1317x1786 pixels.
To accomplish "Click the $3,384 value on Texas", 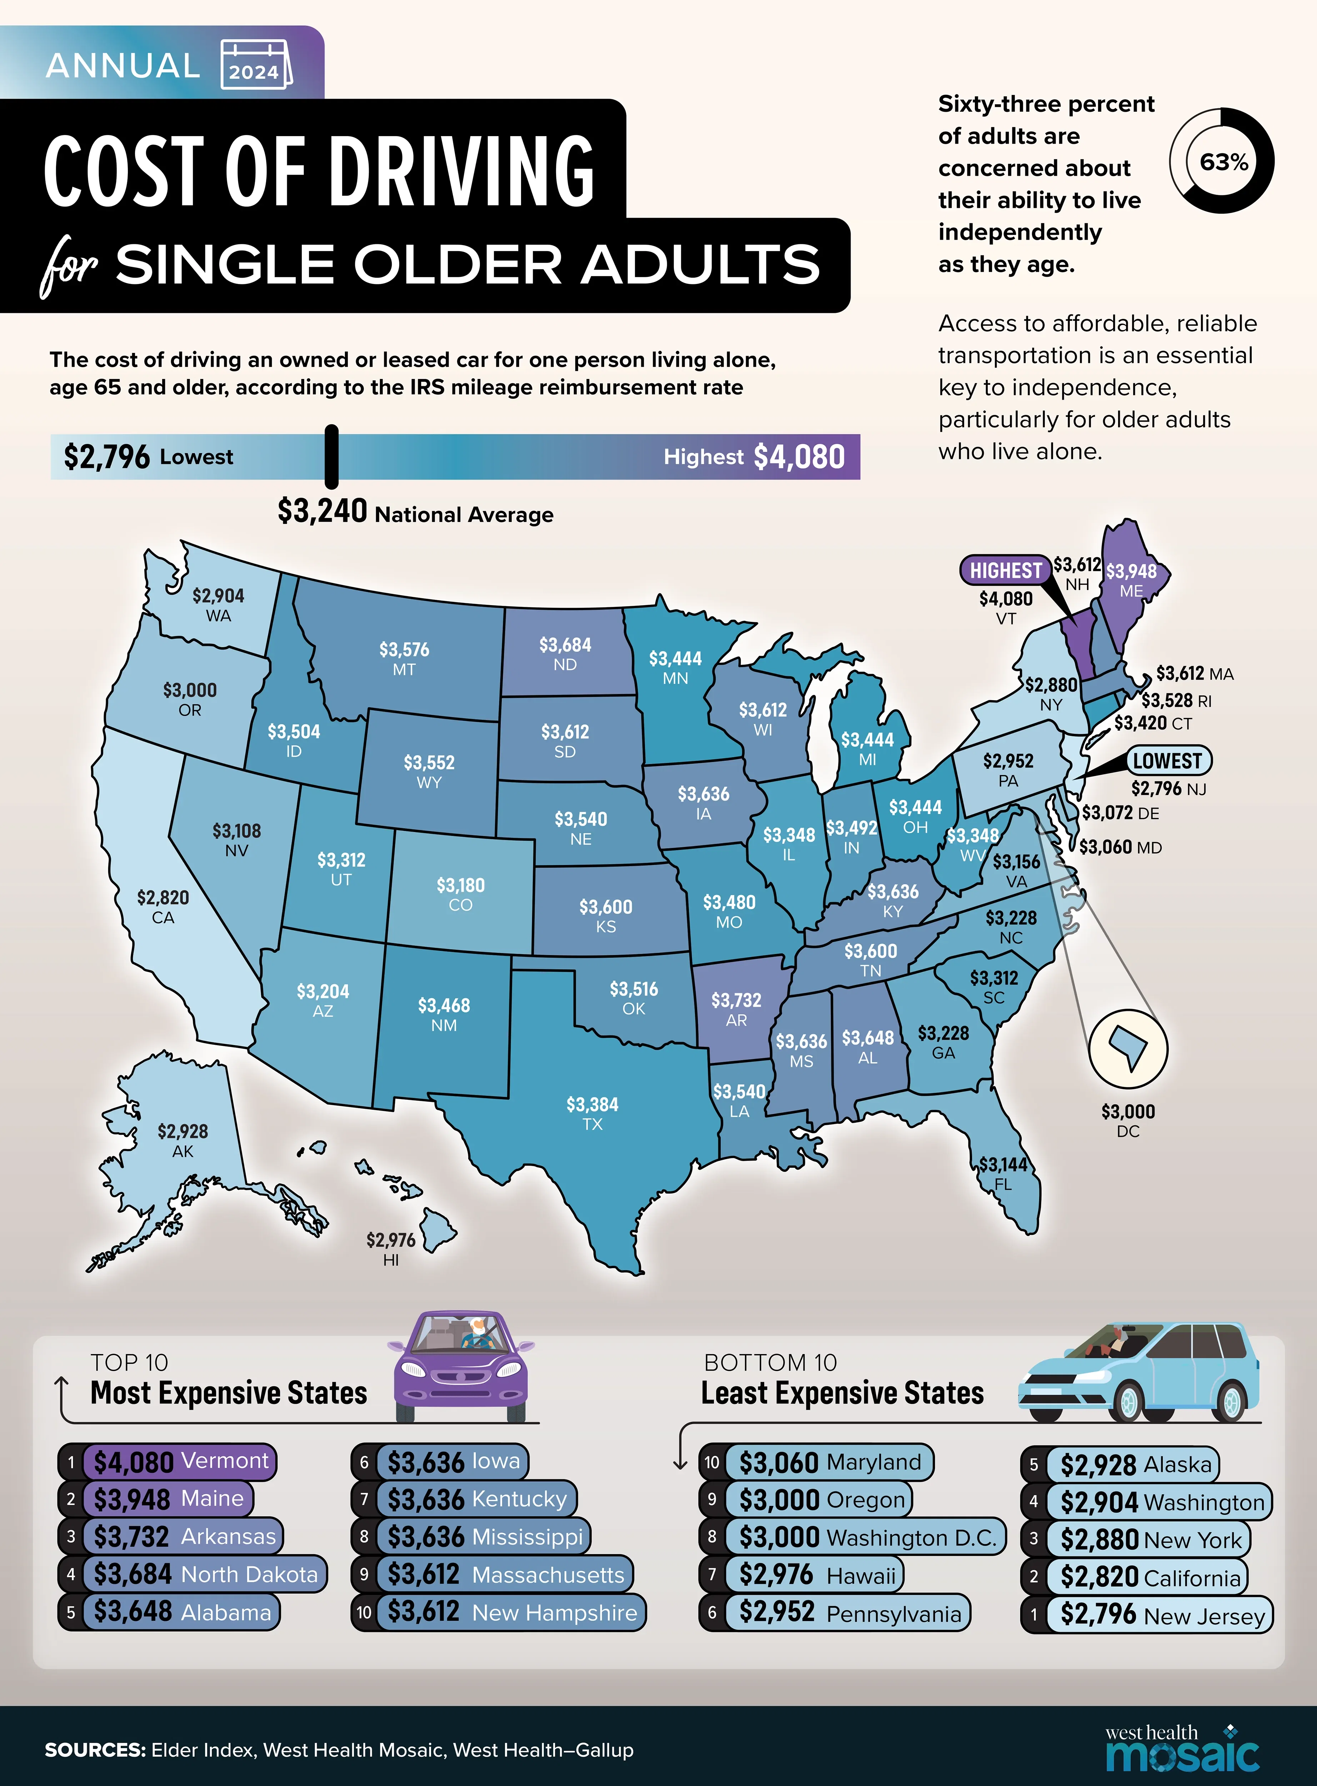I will [592, 1104].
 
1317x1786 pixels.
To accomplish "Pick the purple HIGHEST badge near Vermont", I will [1005, 570].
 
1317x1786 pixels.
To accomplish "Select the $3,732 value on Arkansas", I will [736, 1000].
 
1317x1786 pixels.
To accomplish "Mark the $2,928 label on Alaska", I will [182, 1131].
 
